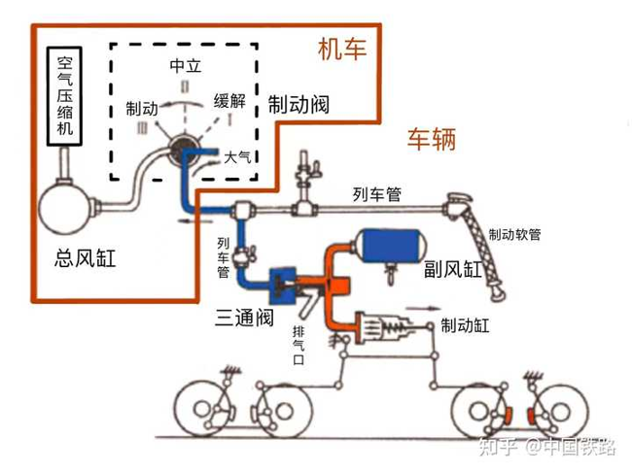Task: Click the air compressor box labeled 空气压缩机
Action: [x=64, y=96]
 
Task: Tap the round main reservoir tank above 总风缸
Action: [x=65, y=208]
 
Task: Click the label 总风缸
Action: [x=85, y=258]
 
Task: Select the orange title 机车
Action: [x=342, y=50]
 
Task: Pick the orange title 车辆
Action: [x=432, y=139]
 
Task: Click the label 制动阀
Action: [x=298, y=105]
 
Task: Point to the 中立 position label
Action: [x=185, y=66]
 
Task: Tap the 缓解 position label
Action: [x=229, y=101]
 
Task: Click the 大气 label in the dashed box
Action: [x=237, y=157]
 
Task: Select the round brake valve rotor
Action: [x=184, y=150]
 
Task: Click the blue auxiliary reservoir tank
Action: [x=389, y=246]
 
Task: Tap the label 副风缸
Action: [x=453, y=269]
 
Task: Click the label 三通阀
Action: [x=244, y=318]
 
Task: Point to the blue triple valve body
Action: [x=283, y=286]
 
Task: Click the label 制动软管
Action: [x=514, y=234]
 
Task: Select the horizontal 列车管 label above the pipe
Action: [x=377, y=194]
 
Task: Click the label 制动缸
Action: [x=465, y=325]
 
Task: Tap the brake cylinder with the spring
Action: [x=383, y=327]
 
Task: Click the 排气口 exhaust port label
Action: [x=298, y=345]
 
